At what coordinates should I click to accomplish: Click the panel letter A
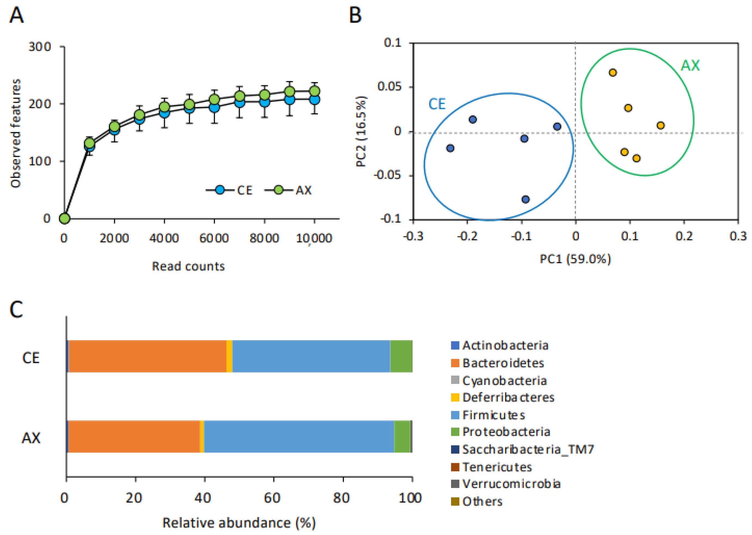click(16, 15)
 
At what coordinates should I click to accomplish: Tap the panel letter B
click(355, 15)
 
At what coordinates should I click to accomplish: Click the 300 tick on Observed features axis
click(39, 47)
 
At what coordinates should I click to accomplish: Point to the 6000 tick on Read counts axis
click(214, 238)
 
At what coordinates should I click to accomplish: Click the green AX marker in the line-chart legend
click(278, 190)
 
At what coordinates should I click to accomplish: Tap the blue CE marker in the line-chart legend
click(220, 190)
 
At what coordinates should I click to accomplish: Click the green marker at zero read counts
click(65, 218)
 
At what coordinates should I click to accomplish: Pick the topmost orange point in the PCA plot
click(612, 72)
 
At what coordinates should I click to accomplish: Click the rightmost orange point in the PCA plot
click(661, 126)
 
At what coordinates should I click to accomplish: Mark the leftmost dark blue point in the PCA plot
click(450, 148)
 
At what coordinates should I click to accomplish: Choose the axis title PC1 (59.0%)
click(575, 259)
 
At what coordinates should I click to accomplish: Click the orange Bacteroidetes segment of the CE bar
click(148, 356)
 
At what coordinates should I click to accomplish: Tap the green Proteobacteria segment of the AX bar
click(402, 436)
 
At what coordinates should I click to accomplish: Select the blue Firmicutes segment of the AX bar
click(299, 436)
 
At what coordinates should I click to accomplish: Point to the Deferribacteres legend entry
click(502, 397)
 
